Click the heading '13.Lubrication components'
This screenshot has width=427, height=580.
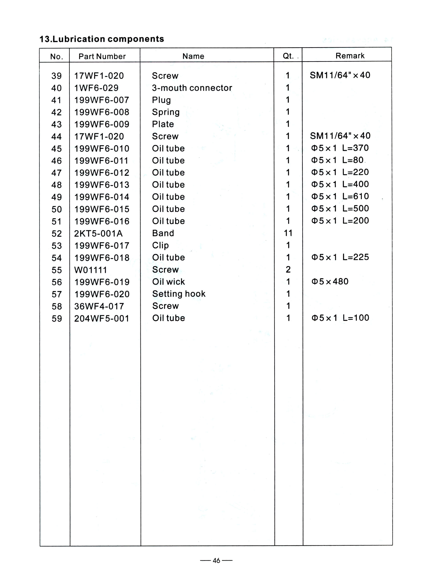[x=102, y=39]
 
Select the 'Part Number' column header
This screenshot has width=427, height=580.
[x=102, y=56]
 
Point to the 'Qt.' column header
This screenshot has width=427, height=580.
[x=288, y=56]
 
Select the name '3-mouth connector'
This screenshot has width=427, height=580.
[x=192, y=88]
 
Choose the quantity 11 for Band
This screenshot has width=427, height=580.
[x=288, y=233]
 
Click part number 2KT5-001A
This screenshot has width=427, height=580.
[x=98, y=233]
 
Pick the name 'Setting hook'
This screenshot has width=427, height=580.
[x=179, y=294]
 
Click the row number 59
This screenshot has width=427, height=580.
[x=57, y=318]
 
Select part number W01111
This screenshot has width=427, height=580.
[x=90, y=270]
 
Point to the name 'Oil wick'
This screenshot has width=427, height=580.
[x=169, y=282]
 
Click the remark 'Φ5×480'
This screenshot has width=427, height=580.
[x=330, y=281]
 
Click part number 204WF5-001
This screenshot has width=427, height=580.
[x=102, y=318]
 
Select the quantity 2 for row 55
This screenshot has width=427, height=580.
[x=288, y=269]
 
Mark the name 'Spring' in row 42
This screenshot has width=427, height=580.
[x=166, y=112]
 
